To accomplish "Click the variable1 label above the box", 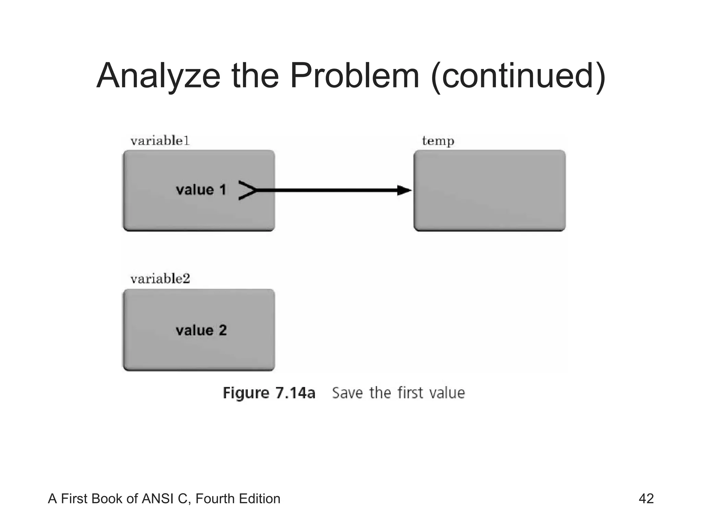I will pyautogui.click(x=160, y=141).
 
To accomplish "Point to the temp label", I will pyautogui.click(x=438, y=141).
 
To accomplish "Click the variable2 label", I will pyautogui.click(x=160, y=279).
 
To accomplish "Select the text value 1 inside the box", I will pyautogui.click(x=201, y=190).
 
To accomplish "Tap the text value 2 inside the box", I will pyautogui.click(x=201, y=330).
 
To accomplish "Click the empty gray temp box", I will pyautogui.click(x=489, y=191).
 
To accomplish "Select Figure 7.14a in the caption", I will pyautogui.click(x=269, y=393).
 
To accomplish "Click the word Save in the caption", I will pyautogui.click(x=347, y=393).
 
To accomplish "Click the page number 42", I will pyautogui.click(x=646, y=499).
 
